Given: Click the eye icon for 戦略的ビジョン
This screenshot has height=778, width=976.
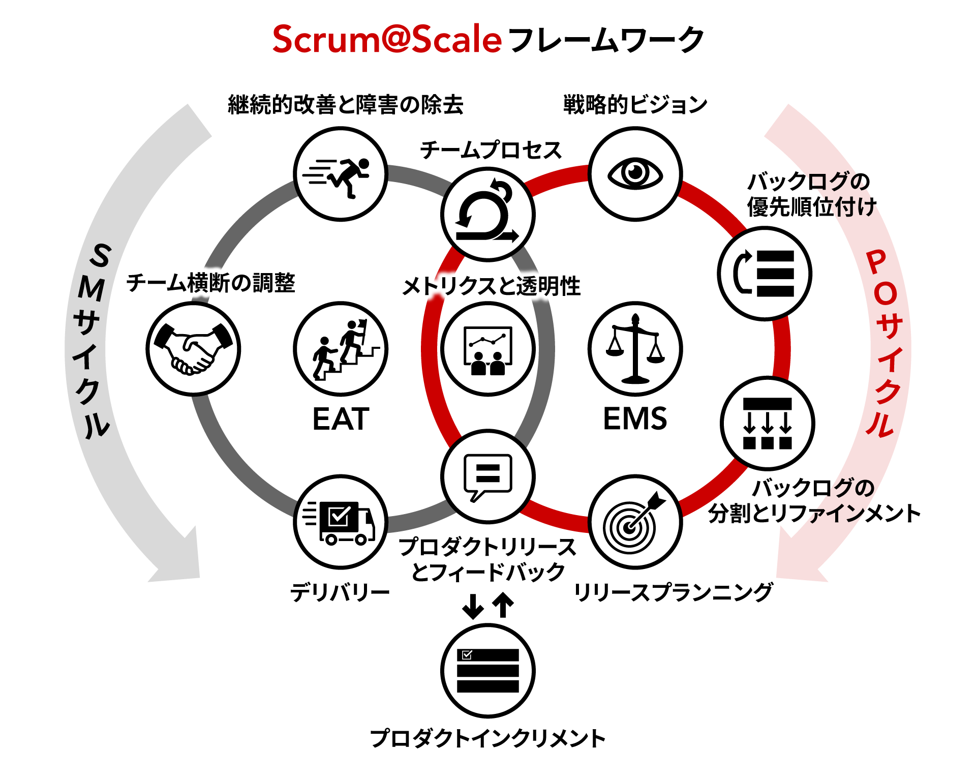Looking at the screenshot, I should (635, 173).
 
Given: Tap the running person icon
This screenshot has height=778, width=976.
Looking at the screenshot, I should (341, 174).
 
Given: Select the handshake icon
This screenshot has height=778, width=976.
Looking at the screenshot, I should (193, 349).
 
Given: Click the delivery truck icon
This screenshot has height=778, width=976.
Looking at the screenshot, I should (341, 522).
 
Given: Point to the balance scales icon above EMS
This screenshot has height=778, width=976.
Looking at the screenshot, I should (635, 349).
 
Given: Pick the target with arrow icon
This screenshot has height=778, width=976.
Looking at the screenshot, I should (635, 522).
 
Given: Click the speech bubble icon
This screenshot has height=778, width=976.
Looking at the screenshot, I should (488, 476).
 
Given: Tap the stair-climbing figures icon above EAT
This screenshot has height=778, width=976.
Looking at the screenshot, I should (341, 349).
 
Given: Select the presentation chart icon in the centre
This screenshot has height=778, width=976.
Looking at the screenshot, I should (488, 349).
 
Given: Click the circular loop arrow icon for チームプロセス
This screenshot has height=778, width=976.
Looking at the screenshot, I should (488, 214).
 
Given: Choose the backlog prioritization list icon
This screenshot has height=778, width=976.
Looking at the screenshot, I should (765, 274).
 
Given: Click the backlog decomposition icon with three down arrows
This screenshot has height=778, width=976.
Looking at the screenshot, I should (767, 423).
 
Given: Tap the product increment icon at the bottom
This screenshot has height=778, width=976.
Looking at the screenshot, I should (488, 670).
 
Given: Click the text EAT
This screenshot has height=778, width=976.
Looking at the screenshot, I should (341, 419).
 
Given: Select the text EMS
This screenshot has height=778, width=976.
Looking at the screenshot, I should (635, 419).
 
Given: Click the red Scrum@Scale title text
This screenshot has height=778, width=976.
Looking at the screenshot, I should (387, 40).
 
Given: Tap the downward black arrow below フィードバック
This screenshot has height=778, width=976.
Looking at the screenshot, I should (473, 606).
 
